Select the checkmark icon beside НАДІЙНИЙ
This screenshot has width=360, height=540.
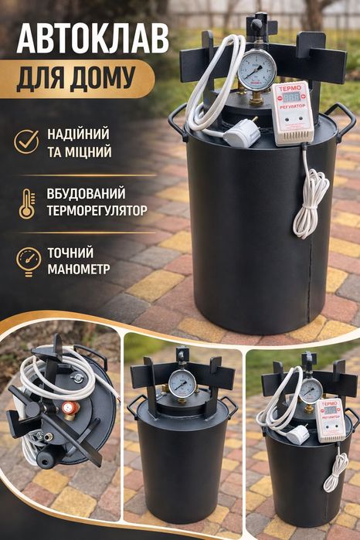click(x=27, y=141)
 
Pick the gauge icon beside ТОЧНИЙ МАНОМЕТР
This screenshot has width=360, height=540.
click(x=27, y=260)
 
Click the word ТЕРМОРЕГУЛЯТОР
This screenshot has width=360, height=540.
click(x=97, y=209)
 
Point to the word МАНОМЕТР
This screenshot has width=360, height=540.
click(x=77, y=269)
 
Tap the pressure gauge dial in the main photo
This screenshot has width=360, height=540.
click(x=256, y=70)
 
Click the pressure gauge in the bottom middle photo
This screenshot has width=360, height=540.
click(x=182, y=383)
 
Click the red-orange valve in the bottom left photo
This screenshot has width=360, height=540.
click(x=68, y=407)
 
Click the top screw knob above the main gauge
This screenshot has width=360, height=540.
click(x=256, y=25)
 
